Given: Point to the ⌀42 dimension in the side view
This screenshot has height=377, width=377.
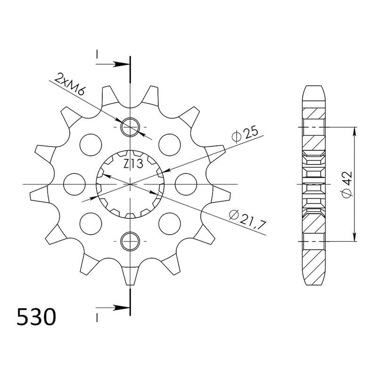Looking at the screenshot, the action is click(x=347, y=184).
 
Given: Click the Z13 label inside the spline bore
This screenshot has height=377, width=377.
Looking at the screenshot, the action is click(x=133, y=164).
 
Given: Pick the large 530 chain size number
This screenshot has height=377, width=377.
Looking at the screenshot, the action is click(x=36, y=317).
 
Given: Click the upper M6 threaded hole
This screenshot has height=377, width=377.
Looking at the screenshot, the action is click(x=131, y=127).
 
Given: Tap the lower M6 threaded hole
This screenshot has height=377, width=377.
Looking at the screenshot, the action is click(x=131, y=241).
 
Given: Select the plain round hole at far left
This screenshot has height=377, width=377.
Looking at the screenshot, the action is click(x=75, y=184).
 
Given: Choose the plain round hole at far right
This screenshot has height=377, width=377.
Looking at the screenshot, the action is click(x=186, y=184).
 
